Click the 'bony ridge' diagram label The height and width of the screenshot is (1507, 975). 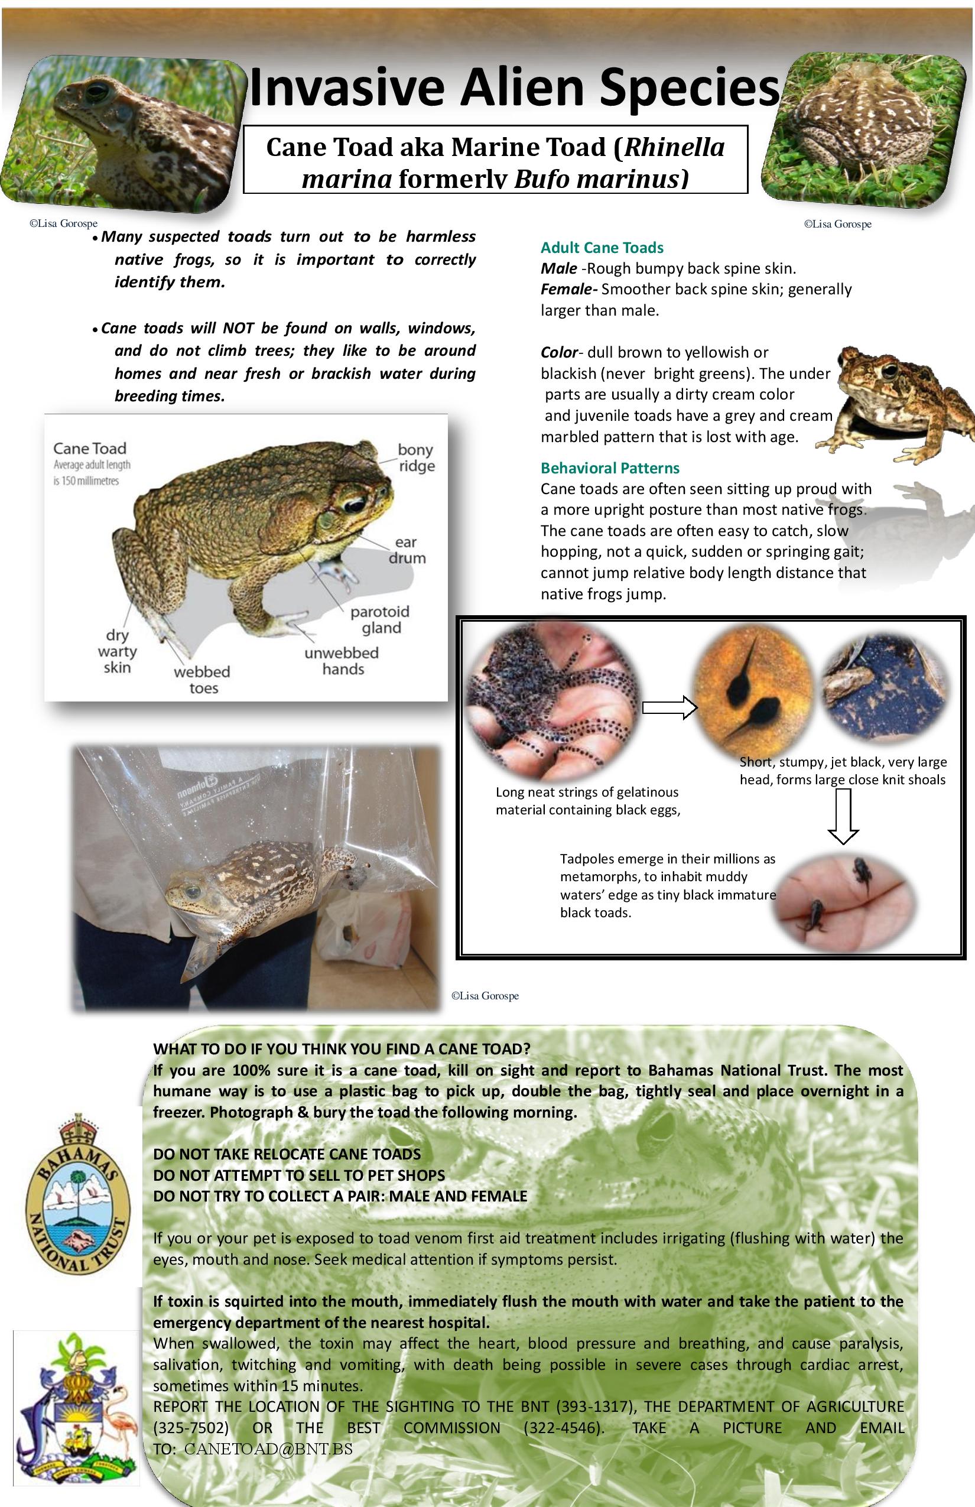[x=416, y=458]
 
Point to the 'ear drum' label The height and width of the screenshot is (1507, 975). [x=407, y=550]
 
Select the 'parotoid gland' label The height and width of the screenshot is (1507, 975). [x=381, y=620]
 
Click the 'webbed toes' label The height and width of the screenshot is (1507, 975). [x=202, y=680]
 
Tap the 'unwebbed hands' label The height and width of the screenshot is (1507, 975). [x=342, y=661]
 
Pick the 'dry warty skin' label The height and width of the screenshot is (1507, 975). [x=117, y=651]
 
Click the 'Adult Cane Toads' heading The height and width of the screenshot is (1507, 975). [x=602, y=248]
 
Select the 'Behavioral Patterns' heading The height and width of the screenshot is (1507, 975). [x=610, y=468]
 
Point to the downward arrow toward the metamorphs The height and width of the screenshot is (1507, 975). [x=843, y=816]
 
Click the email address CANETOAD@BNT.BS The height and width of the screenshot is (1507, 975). [x=268, y=1448]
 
